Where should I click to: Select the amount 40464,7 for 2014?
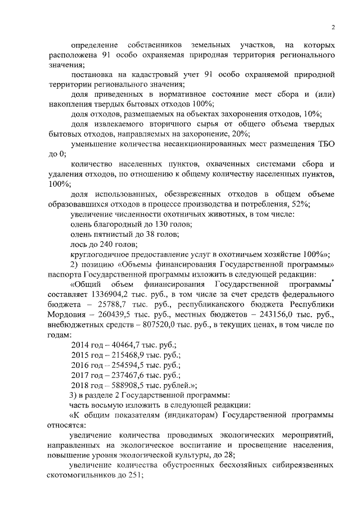120,344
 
